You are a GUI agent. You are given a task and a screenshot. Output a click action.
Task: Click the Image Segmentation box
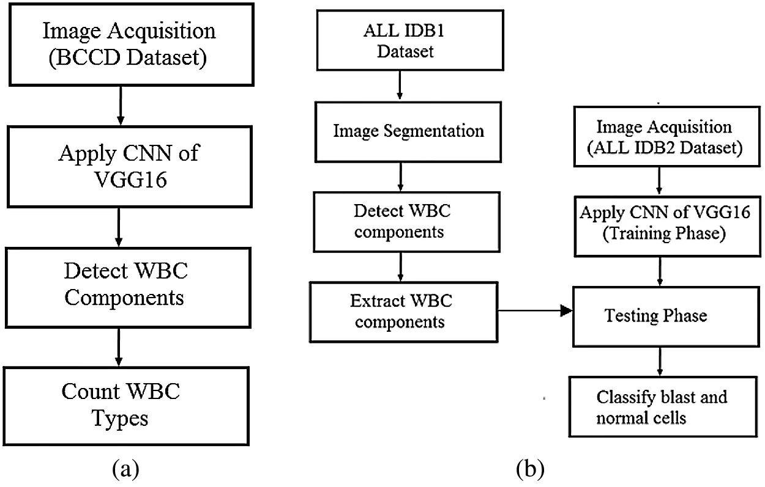tap(400, 130)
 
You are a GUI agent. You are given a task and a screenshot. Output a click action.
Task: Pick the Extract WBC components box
tap(400, 311)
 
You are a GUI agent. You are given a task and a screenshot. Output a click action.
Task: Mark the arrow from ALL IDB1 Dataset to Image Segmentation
tap(400, 86)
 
